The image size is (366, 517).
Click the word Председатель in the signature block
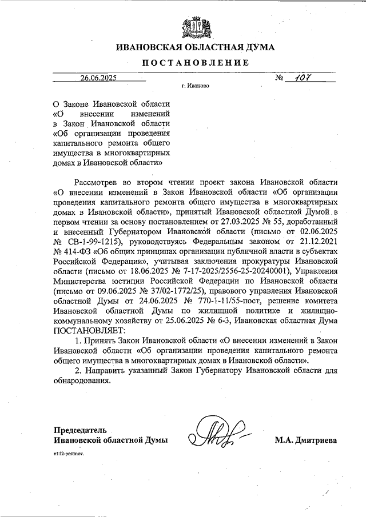80,430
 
